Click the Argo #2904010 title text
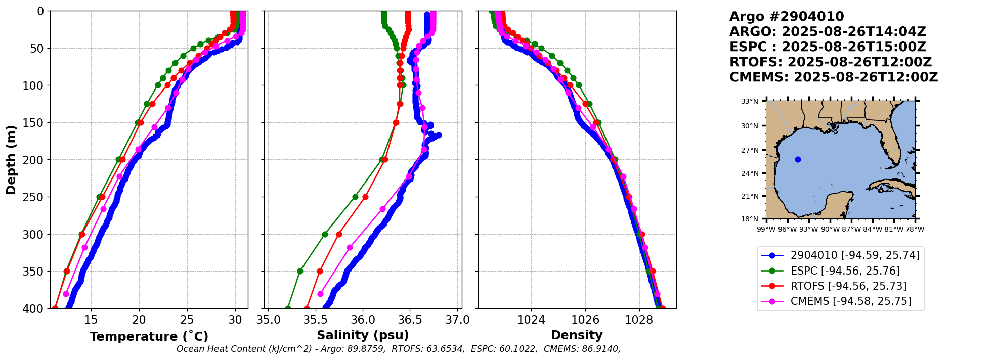787,17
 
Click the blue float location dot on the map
798,159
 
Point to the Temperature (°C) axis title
149,336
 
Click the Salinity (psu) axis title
363,335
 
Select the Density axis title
577,335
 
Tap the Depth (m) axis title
11,159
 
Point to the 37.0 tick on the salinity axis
458,320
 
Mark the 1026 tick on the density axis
585,320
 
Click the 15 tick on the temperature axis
91,320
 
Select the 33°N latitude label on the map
749,101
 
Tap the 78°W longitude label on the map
915,229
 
